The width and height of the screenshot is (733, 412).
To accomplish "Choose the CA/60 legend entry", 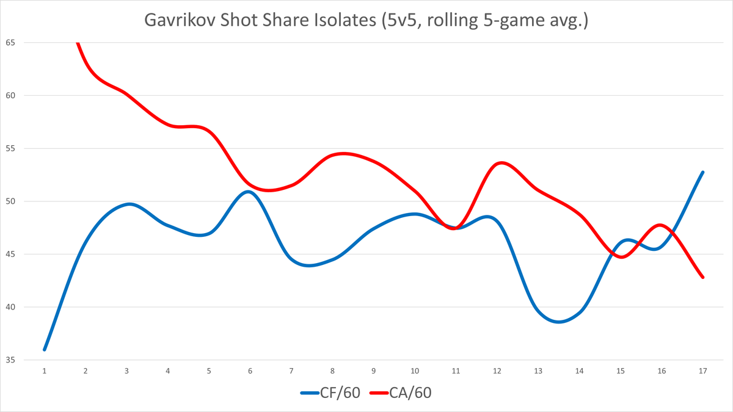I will pos(410,392).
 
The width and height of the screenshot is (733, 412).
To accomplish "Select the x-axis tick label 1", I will pos(44,370).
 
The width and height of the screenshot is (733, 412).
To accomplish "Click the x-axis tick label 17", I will pos(703,370).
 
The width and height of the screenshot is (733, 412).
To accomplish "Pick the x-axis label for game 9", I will pos(373,370).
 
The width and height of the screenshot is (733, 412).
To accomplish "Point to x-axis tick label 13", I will pos(538,370).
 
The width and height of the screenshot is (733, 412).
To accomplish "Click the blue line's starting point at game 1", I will pos(44,350).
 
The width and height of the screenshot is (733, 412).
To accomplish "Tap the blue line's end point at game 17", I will pos(703,172).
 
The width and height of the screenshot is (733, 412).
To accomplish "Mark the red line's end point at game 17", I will pos(703,277).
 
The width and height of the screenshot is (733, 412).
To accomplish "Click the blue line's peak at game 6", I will pos(249,192).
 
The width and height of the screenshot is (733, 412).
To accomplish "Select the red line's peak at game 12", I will pos(501,163).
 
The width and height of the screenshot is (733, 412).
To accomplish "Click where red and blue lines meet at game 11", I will pos(454,228).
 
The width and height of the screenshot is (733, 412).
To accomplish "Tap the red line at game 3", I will pos(126,93).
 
